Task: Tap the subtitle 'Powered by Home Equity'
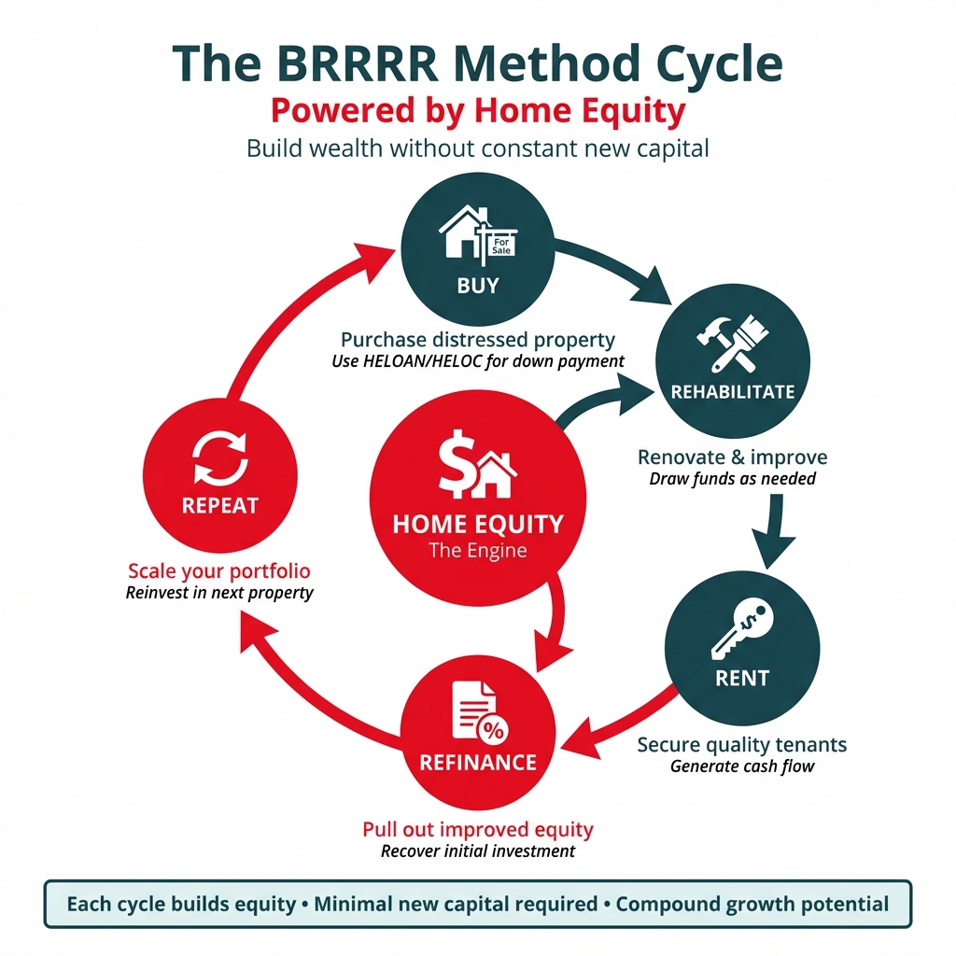point(478,111)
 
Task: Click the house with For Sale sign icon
point(478,234)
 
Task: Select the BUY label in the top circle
point(478,286)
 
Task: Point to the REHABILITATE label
point(733,392)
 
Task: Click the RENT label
point(742,679)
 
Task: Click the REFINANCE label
point(478,763)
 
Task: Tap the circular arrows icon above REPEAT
point(221,457)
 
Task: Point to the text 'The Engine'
point(478,551)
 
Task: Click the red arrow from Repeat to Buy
point(280,308)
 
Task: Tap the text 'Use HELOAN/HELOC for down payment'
point(478,361)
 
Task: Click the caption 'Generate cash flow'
point(742,766)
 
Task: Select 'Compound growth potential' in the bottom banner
point(752,904)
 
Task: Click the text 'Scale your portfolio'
point(219,570)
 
